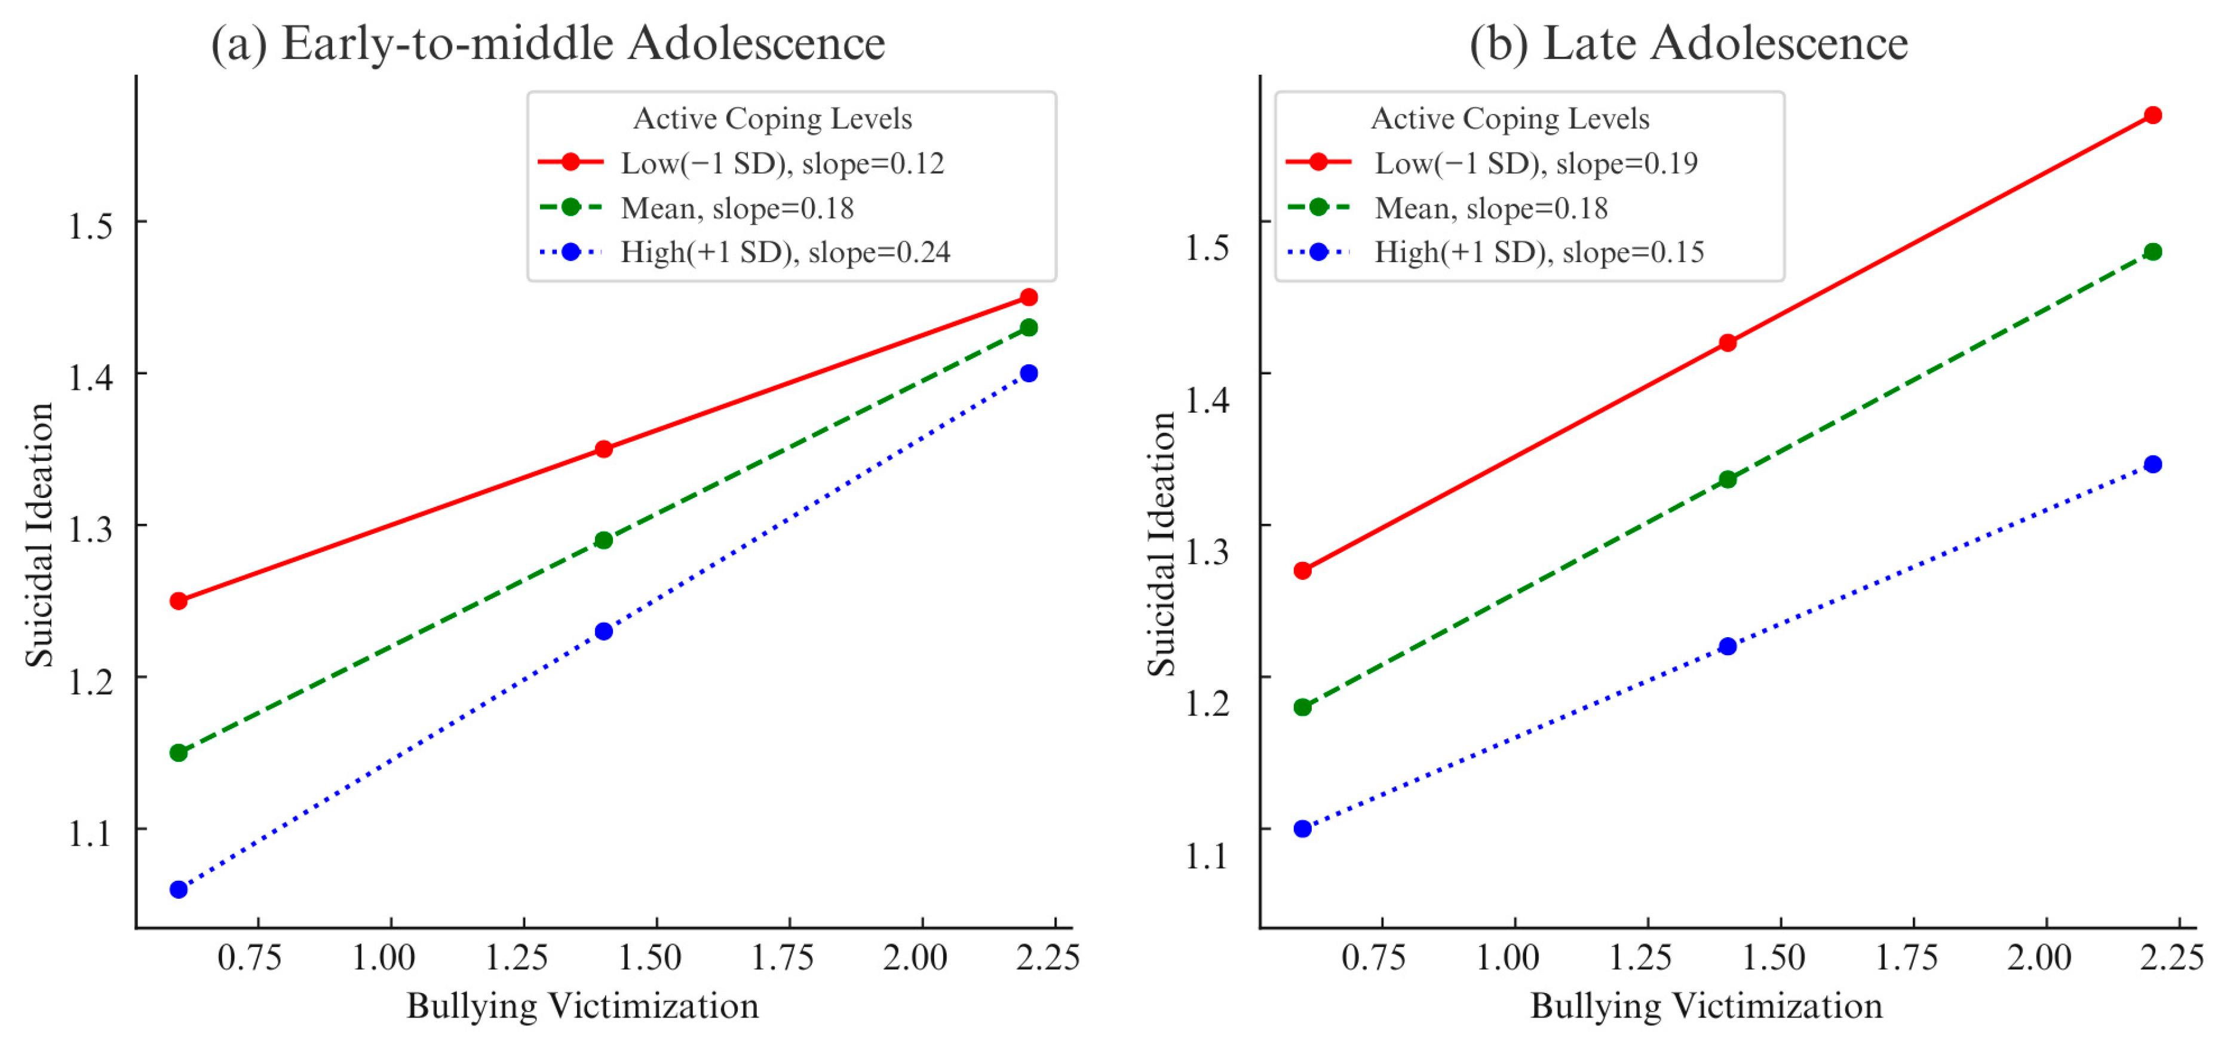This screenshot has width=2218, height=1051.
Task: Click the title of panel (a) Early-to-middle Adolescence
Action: [548, 43]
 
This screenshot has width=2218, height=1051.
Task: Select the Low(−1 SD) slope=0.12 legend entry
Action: [782, 162]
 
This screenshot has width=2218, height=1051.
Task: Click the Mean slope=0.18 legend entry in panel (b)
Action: [1490, 207]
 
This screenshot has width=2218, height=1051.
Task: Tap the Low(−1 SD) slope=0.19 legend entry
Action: [1535, 162]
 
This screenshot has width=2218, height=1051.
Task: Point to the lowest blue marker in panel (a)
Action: [178, 889]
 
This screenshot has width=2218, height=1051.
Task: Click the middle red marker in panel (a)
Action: [603, 449]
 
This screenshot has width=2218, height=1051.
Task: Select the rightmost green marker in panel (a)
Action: [1028, 328]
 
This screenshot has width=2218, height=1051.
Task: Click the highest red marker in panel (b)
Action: [2152, 115]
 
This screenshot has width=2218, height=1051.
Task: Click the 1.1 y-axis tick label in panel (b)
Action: [1206, 856]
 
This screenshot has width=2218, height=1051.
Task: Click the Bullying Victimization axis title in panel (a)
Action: [583, 1006]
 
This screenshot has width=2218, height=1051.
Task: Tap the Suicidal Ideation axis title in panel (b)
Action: [1161, 544]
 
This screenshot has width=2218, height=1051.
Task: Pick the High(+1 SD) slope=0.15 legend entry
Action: [1539, 252]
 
